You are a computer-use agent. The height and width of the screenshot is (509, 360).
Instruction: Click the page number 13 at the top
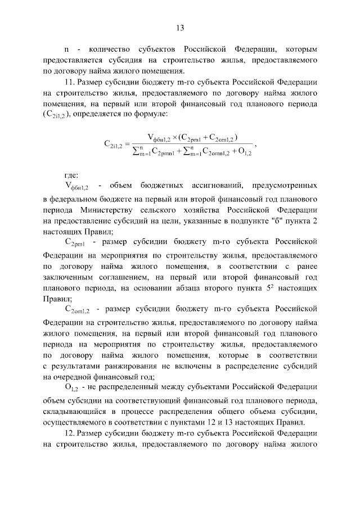180,28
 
